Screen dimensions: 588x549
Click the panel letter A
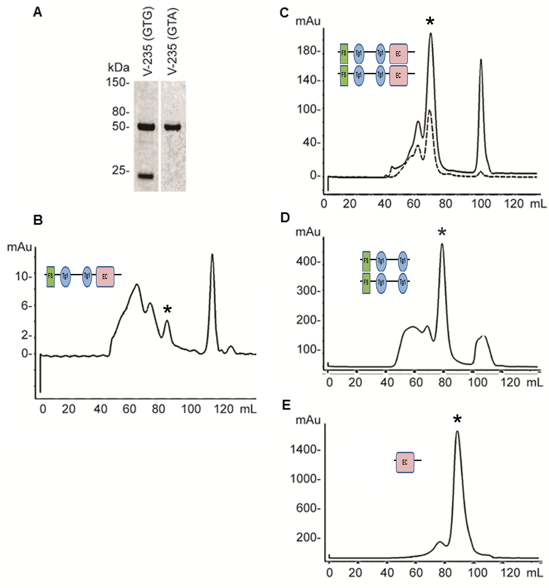pyautogui.click(x=38, y=12)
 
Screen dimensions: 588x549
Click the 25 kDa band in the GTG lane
pyautogui.click(x=146, y=177)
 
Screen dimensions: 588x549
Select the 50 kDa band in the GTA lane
pyautogui.click(x=172, y=127)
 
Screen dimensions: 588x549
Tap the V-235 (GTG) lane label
pyautogui.click(x=147, y=43)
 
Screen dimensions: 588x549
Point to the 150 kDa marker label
pyautogui.click(x=117, y=82)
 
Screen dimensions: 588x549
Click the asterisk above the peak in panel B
pyautogui.click(x=167, y=310)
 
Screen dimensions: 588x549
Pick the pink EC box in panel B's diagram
pyautogui.click(x=105, y=276)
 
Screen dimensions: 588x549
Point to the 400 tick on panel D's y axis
pyautogui.click(x=308, y=262)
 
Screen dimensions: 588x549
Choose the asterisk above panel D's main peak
pyautogui.click(x=442, y=232)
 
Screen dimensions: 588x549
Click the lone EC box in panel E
pyautogui.click(x=405, y=462)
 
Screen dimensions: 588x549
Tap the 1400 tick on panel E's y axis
pyautogui.click(x=305, y=450)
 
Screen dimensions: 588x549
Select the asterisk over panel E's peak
pyautogui.click(x=457, y=419)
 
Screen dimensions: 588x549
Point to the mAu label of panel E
pyautogui.click(x=308, y=420)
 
